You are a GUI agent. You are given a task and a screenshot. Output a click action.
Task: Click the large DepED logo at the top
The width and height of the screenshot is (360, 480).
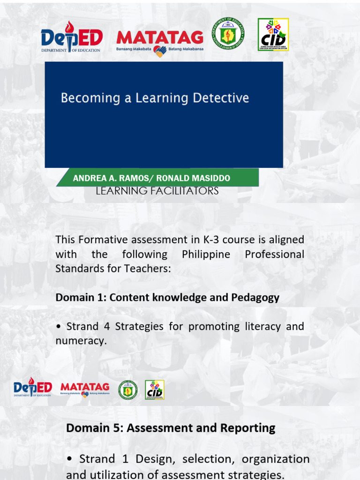(71, 37)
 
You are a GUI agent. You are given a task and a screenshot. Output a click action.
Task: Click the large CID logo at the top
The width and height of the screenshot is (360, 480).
(273, 35)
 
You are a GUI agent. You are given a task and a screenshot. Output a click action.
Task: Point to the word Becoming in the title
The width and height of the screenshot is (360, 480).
(84, 98)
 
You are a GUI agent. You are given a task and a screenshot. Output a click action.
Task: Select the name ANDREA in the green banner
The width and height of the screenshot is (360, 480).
(87, 179)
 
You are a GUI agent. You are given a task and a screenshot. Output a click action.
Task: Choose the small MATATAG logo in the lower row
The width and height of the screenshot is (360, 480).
(85, 389)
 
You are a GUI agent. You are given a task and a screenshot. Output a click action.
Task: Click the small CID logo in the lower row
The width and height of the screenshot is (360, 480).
(155, 390)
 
